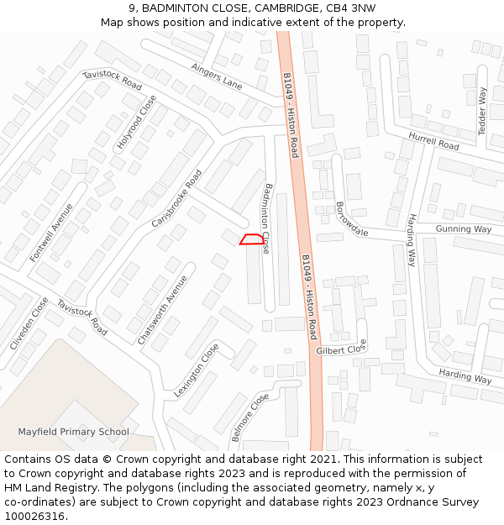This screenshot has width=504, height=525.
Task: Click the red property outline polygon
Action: click(x=249, y=239)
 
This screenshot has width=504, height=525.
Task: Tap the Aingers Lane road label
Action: click(x=216, y=76)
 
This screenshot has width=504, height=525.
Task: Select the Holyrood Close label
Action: click(x=137, y=123)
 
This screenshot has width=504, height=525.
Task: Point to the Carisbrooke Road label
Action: click(x=177, y=199)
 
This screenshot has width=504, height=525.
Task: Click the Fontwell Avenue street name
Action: click(x=51, y=232)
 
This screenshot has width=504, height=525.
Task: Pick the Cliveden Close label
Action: click(x=29, y=323)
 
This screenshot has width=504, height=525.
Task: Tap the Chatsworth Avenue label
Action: click(x=162, y=310)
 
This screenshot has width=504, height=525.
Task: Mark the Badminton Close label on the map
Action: click(x=267, y=218)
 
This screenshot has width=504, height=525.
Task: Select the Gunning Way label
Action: click(x=463, y=229)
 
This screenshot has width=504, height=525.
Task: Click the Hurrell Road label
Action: click(x=433, y=140)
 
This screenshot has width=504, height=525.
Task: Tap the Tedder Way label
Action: click(x=482, y=110)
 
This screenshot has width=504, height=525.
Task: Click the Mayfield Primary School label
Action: click(x=74, y=432)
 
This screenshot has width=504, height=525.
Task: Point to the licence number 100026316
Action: click(x=36, y=516)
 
